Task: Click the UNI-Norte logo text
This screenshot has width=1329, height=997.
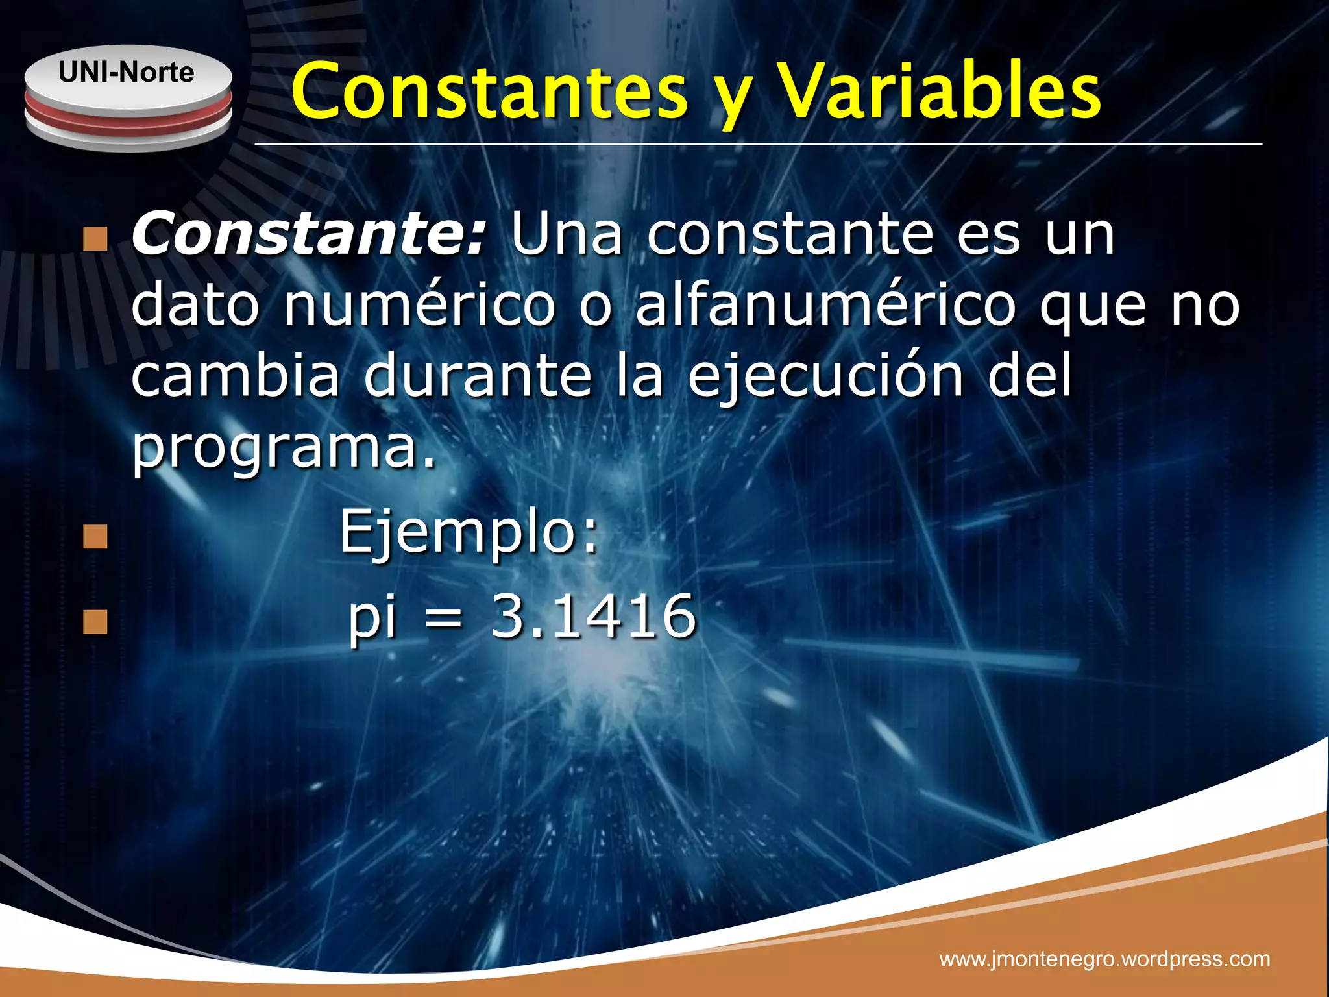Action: coord(126,72)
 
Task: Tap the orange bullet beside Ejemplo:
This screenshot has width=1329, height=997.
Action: coord(95,536)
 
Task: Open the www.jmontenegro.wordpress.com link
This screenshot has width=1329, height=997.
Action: coord(1104,959)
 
